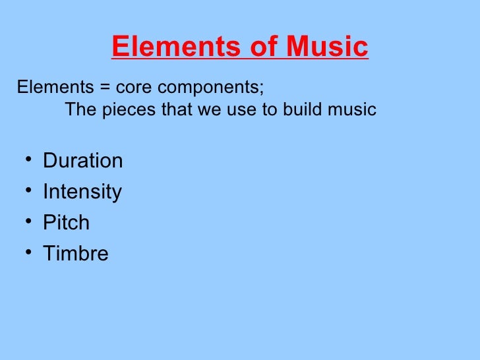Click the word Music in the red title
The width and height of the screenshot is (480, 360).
[327, 47]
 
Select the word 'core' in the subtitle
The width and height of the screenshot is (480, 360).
[133, 88]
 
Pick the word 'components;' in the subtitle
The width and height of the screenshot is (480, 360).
[209, 88]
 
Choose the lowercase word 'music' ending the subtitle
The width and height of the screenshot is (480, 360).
[352, 109]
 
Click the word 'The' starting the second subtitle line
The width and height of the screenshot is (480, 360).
[80, 109]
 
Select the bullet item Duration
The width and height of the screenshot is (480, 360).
[82, 161]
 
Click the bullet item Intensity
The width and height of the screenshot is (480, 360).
[82, 192]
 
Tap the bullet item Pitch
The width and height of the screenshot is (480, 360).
[66, 222]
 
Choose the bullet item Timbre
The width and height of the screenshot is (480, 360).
[75, 253]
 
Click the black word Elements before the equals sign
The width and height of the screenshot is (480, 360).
[56, 88]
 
